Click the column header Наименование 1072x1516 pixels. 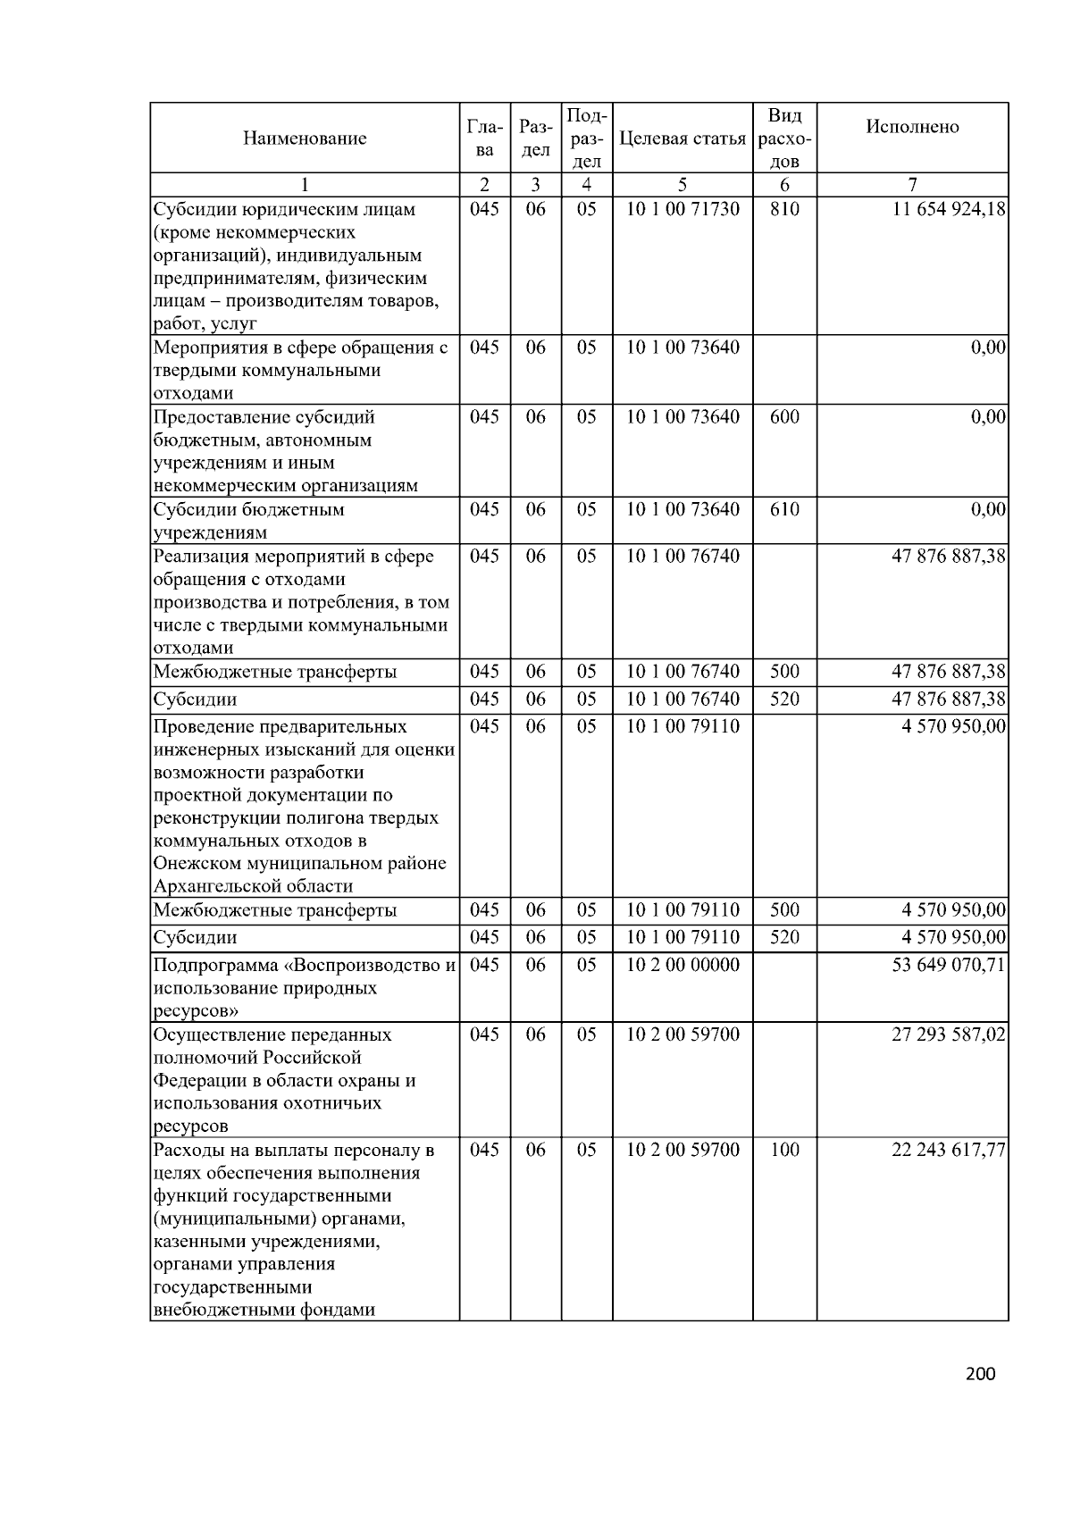(304, 138)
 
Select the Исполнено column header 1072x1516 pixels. (912, 127)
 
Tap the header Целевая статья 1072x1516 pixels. (682, 138)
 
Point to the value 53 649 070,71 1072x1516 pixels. (949, 966)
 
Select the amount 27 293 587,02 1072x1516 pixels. (949, 1035)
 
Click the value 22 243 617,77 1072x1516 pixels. (949, 1150)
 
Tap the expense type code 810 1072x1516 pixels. (784, 210)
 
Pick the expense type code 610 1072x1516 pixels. (784, 510)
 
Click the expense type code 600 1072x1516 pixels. (784, 417)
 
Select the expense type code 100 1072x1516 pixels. (784, 1150)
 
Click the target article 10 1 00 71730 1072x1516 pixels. (683, 210)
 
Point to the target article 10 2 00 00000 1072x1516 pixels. (683, 966)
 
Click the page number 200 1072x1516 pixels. (980, 1375)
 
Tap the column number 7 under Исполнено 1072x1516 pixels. (912, 186)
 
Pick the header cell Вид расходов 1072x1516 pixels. (784, 138)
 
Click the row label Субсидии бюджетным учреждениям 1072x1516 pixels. (248, 521)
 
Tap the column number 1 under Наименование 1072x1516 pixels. (304, 186)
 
